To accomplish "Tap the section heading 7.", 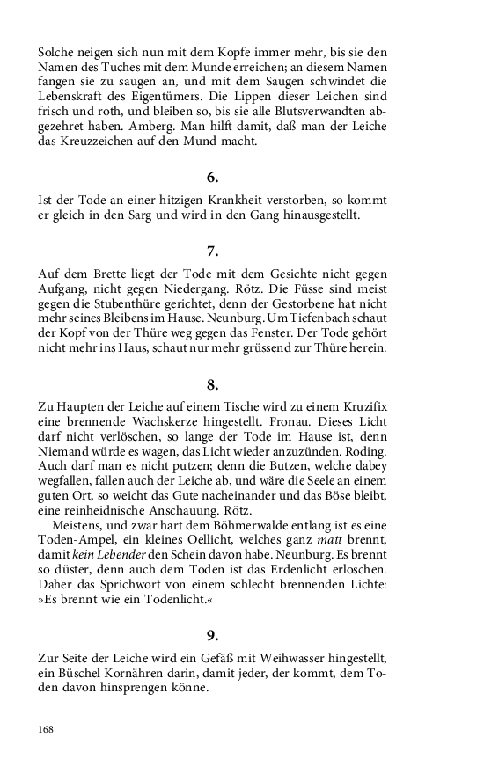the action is click(x=212, y=252).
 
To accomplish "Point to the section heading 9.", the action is click(x=212, y=635).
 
